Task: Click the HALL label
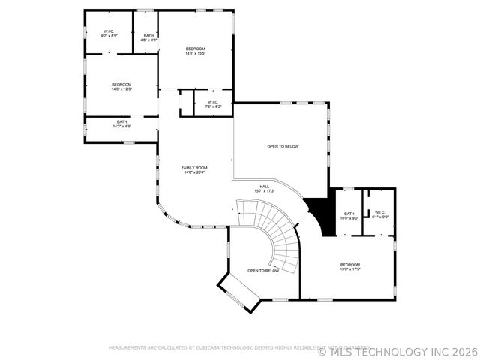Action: point(265,187)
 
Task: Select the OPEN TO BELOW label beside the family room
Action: point(283,146)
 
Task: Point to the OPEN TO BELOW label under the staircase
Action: point(263,270)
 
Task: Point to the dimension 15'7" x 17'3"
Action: point(265,191)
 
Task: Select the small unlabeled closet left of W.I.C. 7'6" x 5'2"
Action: point(186,103)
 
